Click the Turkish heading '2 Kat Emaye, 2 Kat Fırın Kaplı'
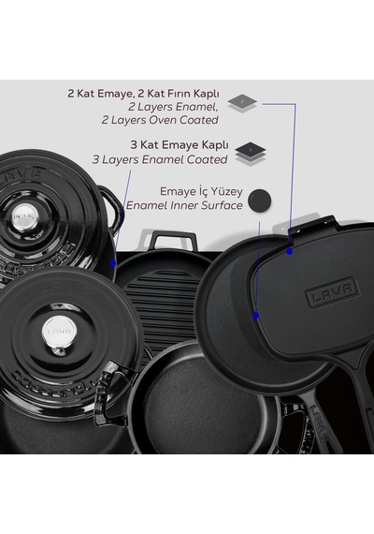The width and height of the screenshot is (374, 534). coord(143,94)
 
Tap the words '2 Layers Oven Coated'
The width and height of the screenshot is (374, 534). coord(160,120)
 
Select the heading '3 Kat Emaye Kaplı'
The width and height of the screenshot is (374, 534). coord(180,144)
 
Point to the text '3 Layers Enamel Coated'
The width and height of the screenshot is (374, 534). coord(160,159)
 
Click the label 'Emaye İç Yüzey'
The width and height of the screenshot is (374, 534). coord(201,191)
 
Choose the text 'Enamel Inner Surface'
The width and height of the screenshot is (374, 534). coord(184,205)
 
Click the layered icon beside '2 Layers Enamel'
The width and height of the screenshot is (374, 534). coord(242,103)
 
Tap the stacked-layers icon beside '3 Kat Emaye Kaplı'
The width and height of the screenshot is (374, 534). coord(251,154)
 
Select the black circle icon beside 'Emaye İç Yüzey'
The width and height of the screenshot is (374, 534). coord(260,200)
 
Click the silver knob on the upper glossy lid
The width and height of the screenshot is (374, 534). coord(25,215)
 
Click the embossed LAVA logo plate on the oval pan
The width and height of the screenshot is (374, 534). coord(332,292)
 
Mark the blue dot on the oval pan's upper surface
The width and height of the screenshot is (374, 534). coord(289,252)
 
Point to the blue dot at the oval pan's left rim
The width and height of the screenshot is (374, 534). coord(256,316)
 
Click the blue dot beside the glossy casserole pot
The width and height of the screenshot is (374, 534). coord(113,263)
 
